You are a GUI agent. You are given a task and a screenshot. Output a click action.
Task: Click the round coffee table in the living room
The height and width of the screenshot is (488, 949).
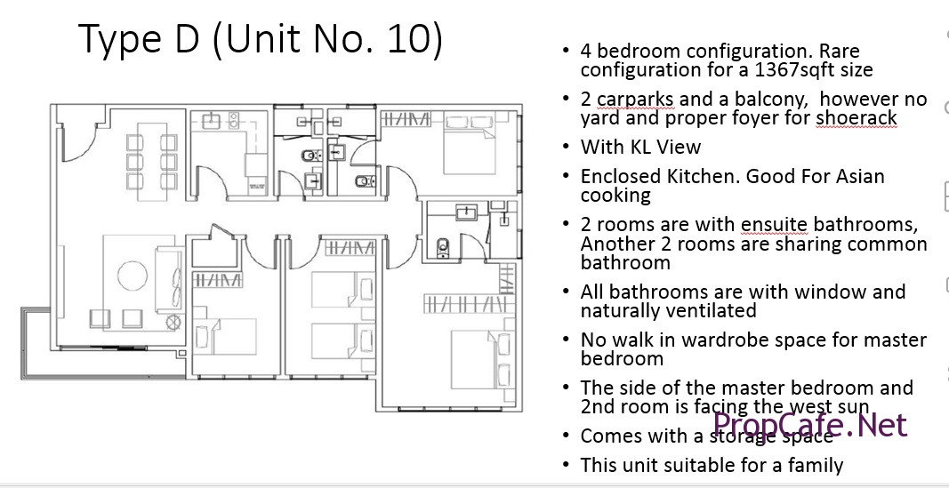133,276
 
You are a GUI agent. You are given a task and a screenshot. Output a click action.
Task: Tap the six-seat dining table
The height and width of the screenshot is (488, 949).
152,162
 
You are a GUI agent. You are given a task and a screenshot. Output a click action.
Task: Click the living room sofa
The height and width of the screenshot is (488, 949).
169,279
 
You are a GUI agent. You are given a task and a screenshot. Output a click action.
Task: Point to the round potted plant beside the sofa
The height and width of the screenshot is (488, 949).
173,323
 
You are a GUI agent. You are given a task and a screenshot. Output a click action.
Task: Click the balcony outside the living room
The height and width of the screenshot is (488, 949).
103,363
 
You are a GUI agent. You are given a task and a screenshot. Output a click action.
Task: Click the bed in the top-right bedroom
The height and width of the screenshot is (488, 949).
470,144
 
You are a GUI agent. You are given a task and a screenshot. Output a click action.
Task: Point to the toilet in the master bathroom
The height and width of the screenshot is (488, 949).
444,247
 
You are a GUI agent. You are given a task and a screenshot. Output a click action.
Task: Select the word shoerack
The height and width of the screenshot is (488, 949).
856,117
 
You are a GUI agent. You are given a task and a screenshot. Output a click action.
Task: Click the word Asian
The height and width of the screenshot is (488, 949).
857,176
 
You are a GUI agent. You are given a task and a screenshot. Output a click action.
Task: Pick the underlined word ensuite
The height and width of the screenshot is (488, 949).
774,224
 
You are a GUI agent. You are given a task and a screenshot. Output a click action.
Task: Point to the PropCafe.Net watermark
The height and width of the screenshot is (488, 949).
810,425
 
